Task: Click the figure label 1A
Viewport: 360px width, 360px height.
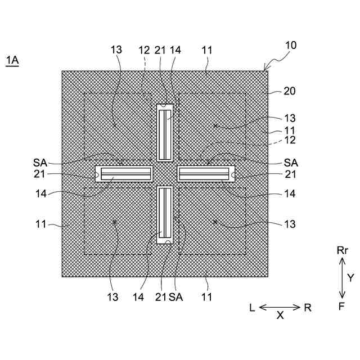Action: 12,61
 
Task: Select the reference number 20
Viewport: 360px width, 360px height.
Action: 290,91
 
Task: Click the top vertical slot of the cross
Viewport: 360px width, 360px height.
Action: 165,134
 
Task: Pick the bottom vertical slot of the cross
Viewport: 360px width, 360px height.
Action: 165,214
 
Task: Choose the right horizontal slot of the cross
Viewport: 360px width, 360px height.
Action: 205,173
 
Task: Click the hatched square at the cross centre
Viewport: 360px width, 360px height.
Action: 165,173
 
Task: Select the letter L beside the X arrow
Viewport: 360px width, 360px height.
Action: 253,308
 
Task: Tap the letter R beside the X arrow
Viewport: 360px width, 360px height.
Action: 307,308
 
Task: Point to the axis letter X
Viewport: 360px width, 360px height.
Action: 280,316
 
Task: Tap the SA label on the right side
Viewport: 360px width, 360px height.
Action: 291,162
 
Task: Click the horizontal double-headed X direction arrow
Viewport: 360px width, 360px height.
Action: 280,307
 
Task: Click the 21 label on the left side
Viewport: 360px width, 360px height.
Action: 40,174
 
